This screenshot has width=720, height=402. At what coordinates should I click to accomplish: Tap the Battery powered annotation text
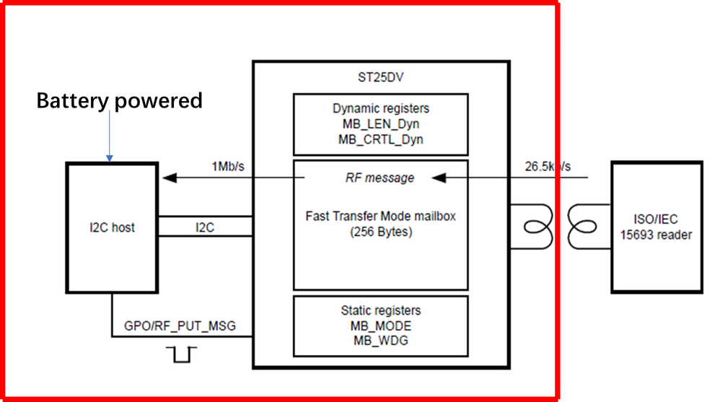tap(120, 101)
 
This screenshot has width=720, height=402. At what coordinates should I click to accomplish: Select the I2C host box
tap(112, 228)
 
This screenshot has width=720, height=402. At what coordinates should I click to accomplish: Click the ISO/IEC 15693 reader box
tap(657, 227)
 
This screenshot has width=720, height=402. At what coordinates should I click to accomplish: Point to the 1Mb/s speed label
tap(228, 167)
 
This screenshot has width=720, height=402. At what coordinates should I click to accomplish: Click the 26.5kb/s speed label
tap(548, 167)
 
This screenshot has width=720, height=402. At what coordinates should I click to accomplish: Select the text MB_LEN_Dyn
tap(380, 124)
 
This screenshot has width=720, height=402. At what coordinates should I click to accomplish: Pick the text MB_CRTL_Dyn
tap(380, 139)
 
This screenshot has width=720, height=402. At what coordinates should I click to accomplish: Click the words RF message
tap(380, 178)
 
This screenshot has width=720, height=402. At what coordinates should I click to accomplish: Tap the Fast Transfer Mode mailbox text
tap(380, 216)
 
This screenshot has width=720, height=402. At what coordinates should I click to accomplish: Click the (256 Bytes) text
tap(380, 232)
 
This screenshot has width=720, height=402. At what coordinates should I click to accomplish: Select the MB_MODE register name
tap(380, 325)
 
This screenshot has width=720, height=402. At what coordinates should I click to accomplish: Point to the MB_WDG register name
tap(380, 340)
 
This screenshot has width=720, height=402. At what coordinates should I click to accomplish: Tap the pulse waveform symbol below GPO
tap(181, 354)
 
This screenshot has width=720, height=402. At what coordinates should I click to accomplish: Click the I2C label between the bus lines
tap(205, 228)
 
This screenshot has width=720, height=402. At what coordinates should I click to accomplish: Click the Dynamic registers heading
tap(380, 109)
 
